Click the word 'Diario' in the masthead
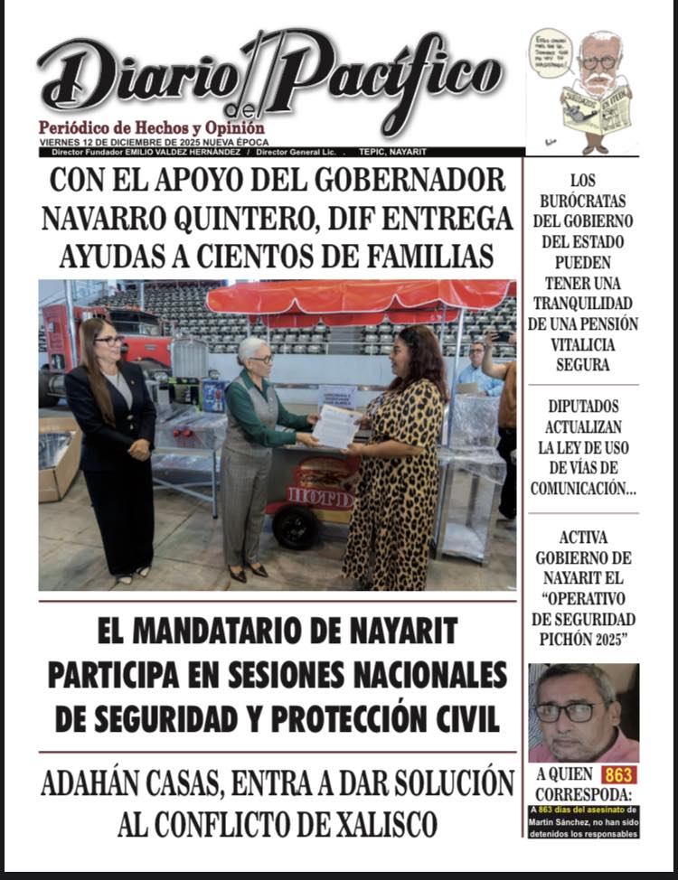point(136,79)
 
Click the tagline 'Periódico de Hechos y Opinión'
point(151,128)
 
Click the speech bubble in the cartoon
point(551,53)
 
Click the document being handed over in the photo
point(336,426)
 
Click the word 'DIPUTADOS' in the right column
point(583,407)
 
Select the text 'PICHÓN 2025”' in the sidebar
point(583,639)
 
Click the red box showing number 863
point(619,774)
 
